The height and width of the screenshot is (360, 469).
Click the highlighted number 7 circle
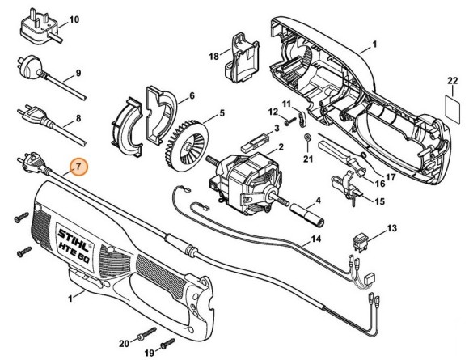click(78, 167)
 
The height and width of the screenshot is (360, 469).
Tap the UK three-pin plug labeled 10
click(40, 30)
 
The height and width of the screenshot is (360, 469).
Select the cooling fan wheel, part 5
click(186, 146)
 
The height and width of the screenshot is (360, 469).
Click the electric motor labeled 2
click(245, 184)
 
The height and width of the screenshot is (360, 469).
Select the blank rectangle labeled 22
click(453, 109)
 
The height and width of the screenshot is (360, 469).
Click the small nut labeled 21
click(306, 138)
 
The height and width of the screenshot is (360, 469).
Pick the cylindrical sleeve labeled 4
click(307, 214)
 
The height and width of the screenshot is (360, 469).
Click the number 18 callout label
click(213, 56)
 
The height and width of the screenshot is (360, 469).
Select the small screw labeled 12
click(289, 122)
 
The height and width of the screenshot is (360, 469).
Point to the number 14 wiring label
click(315, 239)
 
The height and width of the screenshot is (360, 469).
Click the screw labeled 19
click(168, 343)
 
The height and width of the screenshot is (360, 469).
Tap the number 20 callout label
click(125, 344)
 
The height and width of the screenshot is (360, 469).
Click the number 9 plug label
click(78, 73)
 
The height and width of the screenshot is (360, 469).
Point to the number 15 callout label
click(379, 201)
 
